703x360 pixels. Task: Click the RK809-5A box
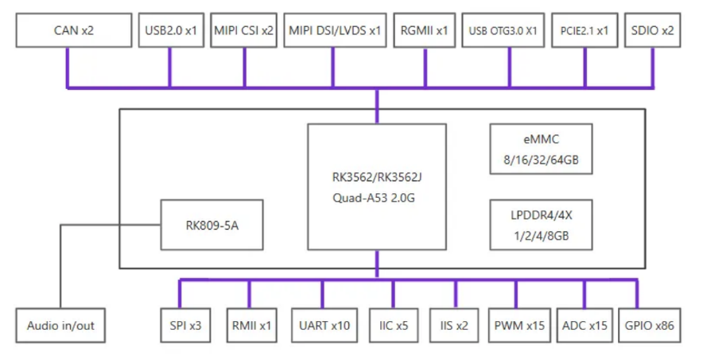[x=212, y=225]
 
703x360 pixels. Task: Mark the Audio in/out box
[x=60, y=326]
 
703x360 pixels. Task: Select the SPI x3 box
[x=184, y=326]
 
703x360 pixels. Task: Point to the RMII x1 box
[x=249, y=326]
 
